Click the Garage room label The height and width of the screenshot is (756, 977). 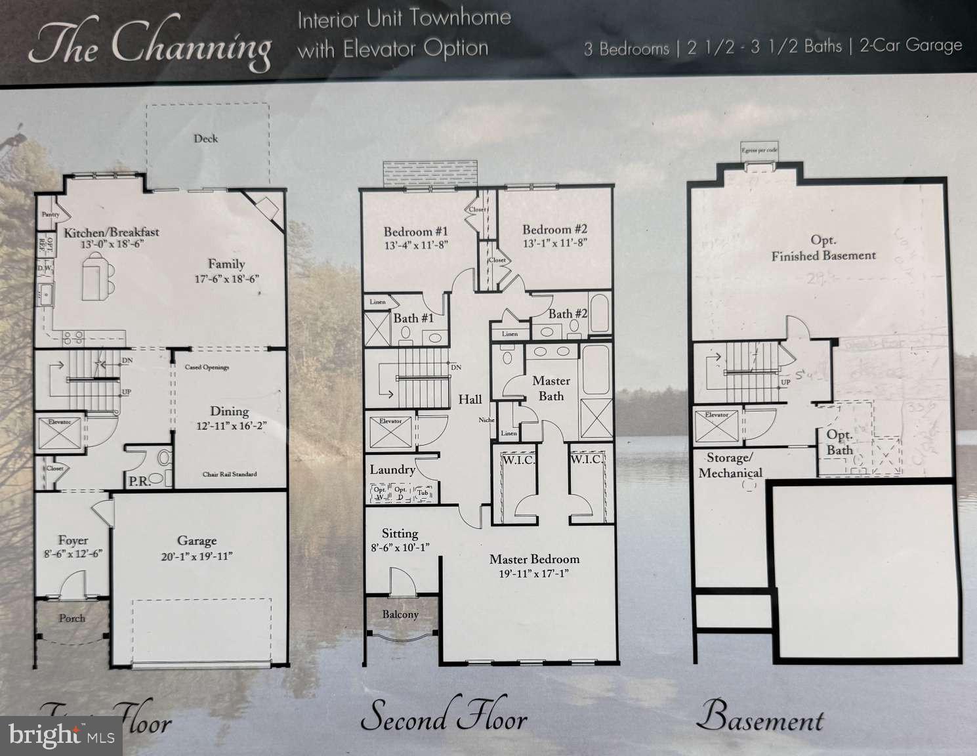(196, 541)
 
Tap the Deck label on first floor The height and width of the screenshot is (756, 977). (205, 138)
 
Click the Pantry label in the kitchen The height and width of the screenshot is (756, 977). (51, 215)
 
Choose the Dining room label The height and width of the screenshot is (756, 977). (229, 411)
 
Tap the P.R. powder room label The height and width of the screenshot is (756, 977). (140, 480)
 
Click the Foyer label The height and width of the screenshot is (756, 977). (72, 540)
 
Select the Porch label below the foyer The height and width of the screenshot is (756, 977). (72, 618)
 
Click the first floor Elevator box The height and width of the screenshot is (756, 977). (59, 433)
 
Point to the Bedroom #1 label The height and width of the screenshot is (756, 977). (415, 232)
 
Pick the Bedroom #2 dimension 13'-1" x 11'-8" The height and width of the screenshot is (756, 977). (554, 242)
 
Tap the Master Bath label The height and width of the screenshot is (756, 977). (551, 388)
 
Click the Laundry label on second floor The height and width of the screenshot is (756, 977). (392, 469)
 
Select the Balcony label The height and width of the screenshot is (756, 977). (400, 614)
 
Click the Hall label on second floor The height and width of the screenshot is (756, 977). (470, 399)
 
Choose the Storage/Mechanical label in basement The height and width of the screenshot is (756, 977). (730, 465)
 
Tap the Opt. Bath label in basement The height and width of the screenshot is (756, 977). (839, 442)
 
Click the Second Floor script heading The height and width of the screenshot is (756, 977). (444, 717)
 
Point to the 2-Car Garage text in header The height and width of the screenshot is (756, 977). (910, 46)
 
